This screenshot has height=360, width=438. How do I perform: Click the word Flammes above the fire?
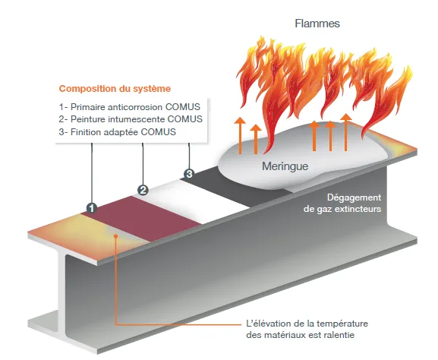pos(317,24)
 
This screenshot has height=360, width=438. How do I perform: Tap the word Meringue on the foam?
pos(285,166)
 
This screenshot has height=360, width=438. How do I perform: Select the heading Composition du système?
pos(115,89)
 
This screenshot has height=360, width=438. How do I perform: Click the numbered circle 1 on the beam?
pos(91,208)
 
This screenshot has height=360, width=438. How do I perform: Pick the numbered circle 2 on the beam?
pos(143,191)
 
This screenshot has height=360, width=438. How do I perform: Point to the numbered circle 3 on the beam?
pos(189,174)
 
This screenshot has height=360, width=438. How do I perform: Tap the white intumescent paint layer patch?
pos(193,201)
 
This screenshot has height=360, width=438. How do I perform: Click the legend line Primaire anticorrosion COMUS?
pos(129,107)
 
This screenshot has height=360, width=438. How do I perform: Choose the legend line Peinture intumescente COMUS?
pos(131,119)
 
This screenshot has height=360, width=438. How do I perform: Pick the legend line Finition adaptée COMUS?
pos(118,132)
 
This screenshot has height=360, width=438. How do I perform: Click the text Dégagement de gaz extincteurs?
pos(342,204)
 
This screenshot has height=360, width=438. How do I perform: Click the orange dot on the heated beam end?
pos(116,236)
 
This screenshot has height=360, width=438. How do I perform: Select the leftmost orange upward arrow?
pos(240,135)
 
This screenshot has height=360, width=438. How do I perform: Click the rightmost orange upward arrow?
pos(346,132)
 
